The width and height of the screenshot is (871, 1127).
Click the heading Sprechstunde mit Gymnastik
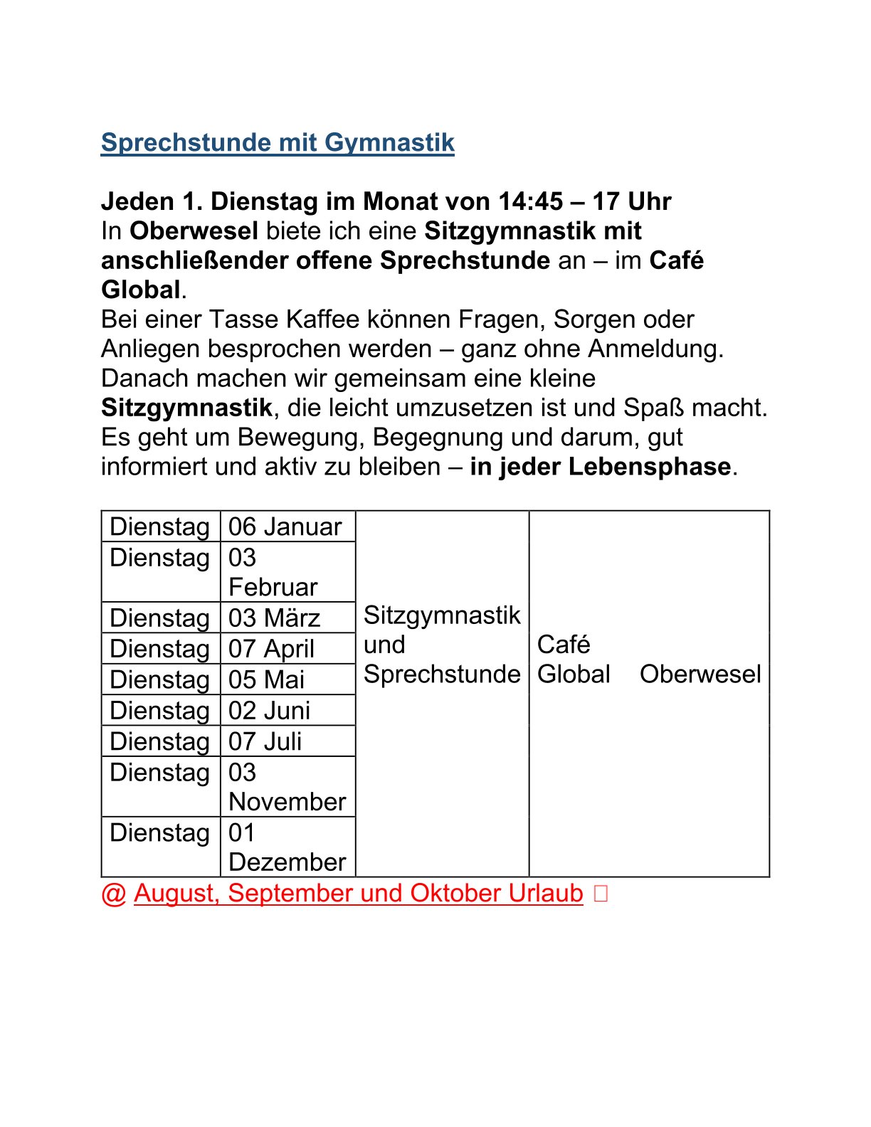pos(278,142)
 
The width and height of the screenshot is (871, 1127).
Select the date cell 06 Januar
pos(285,527)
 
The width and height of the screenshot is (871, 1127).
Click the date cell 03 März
pos(274,618)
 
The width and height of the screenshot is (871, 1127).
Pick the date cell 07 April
pos(271,649)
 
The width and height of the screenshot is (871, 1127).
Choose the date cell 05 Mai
pos(266,679)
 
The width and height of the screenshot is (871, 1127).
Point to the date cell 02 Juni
pos(269,710)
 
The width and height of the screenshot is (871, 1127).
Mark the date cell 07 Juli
pos(265,741)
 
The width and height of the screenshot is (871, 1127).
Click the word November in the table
pos(287,802)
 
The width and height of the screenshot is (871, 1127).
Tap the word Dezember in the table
pos(287,862)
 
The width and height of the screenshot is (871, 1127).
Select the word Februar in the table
pos(273,587)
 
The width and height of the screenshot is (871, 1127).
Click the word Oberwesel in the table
pos(700,674)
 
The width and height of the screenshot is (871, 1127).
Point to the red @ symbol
pos(114,894)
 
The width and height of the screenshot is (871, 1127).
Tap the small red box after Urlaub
pos(601,894)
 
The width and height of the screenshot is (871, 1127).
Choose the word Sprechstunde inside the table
pos(442,674)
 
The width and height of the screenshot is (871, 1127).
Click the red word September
pos(290,893)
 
